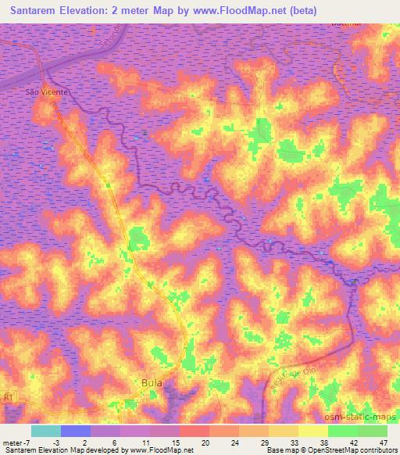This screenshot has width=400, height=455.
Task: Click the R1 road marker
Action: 9,397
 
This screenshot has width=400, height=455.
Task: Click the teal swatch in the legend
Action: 46,431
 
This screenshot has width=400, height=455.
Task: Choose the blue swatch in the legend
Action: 76,431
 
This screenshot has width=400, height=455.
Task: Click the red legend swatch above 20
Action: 195,431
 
